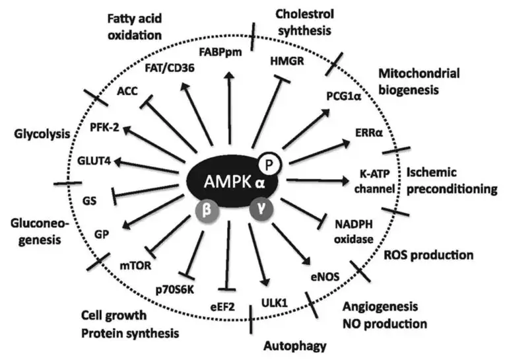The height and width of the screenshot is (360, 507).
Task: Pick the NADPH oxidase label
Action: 353,232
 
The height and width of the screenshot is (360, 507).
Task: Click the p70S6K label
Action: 175,288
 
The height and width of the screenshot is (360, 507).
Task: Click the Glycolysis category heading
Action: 40,134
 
